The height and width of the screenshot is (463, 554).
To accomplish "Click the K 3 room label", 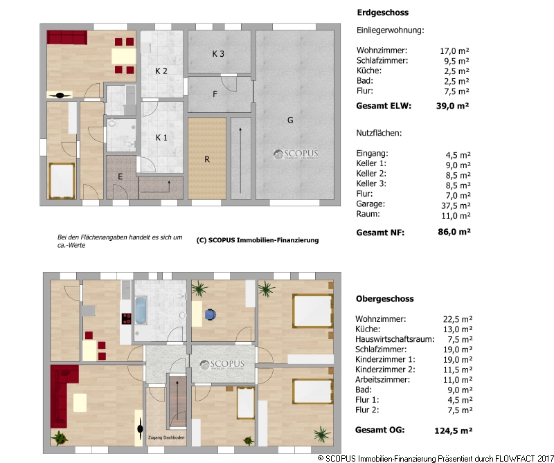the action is point(218,54).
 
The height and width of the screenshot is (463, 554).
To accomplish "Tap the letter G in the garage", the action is point(290,120).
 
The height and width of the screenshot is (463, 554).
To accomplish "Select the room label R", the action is point(207,159).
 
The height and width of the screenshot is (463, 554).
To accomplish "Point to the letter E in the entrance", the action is point(120,176).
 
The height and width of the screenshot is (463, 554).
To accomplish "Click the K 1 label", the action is point(161,138).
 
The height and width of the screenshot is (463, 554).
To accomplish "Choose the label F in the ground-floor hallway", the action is point(215,94).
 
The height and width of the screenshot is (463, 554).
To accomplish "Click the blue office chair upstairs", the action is point(210,314).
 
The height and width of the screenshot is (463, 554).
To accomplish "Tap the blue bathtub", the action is point(141,311).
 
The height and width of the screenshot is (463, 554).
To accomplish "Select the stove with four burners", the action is point(126,318).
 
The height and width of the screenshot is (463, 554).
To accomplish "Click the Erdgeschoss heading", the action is point(383,12).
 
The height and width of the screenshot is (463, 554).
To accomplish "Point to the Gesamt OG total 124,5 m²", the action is point(454,430).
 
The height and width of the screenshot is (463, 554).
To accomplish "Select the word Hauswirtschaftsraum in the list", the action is point(395,339).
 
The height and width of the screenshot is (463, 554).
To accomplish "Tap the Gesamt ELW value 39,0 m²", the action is point(453,106).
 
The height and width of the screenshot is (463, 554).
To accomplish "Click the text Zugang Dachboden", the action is point(166,437).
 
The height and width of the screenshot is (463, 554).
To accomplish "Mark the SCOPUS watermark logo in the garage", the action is point(296,154).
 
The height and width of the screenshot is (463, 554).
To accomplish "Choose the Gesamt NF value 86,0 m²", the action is point(454,232).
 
